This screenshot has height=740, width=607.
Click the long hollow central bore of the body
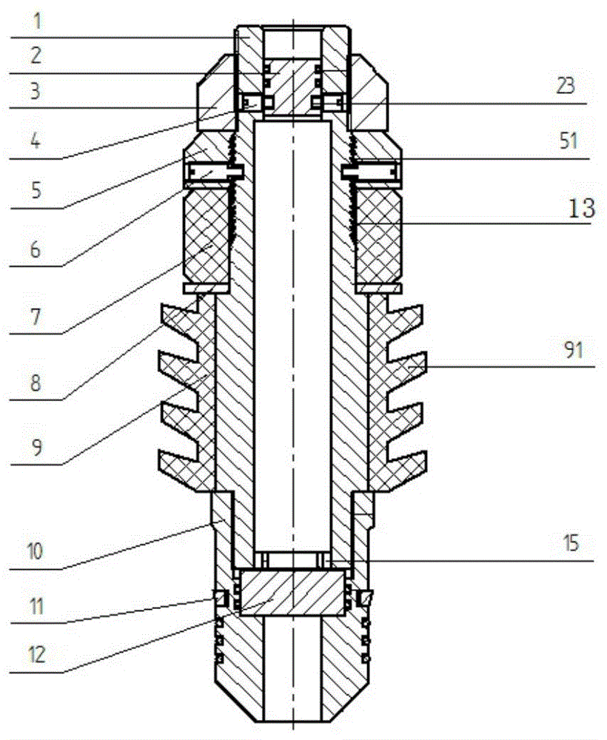pyautogui.click(x=292, y=333)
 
